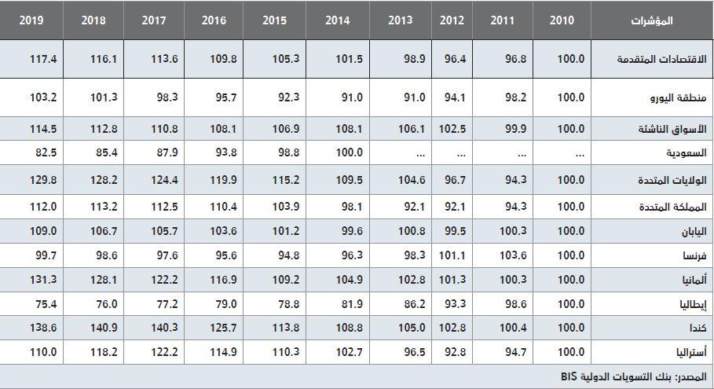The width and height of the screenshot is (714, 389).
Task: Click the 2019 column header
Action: point(32,20)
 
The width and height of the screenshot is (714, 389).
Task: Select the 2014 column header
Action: point(337,20)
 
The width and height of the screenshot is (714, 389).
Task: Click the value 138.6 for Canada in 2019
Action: point(44,327)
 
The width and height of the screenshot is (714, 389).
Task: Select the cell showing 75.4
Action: point(44,303)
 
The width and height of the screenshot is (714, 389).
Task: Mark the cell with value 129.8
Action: point(44,180)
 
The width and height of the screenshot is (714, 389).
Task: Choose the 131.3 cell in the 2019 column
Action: point(44,279)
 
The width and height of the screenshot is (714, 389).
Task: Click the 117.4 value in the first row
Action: point(44,59)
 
